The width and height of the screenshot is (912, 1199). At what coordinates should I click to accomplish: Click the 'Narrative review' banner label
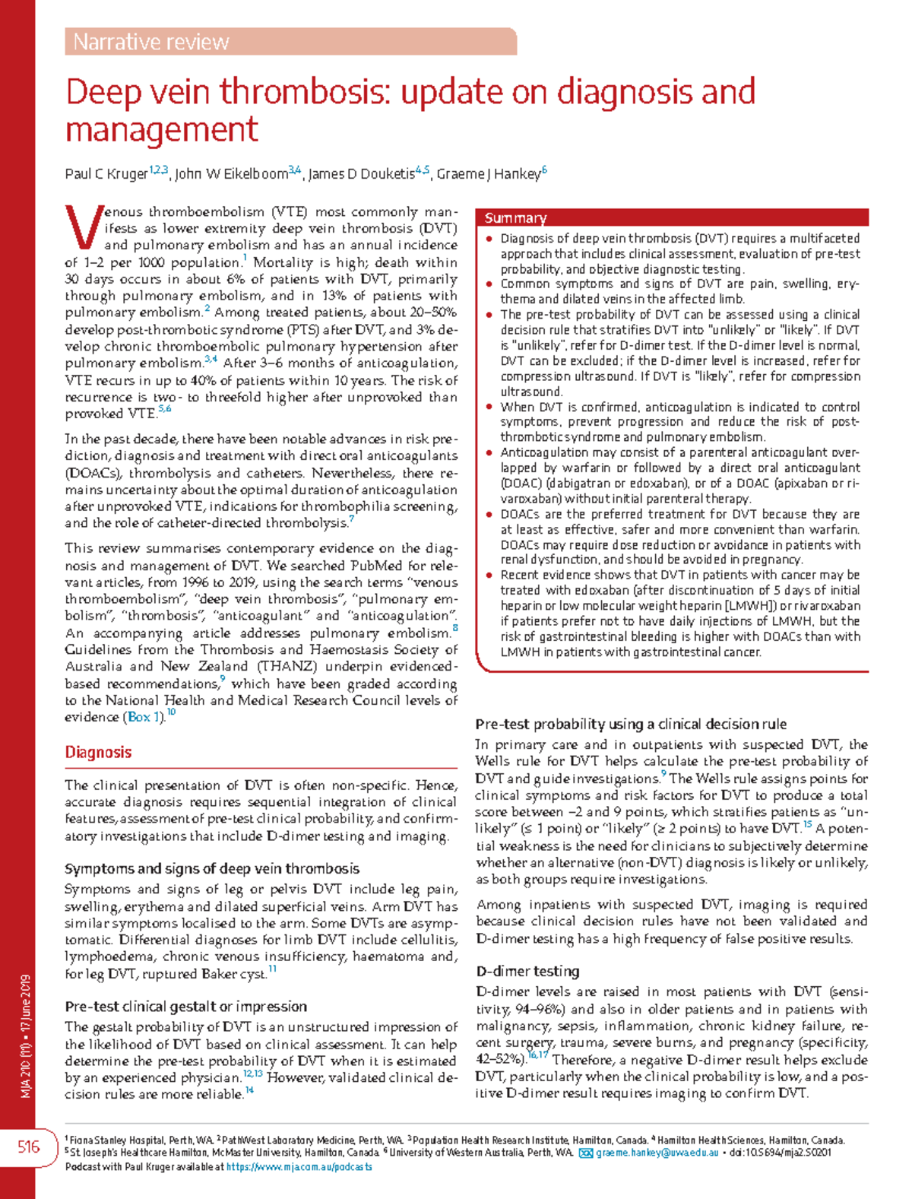click(x=151, y=42)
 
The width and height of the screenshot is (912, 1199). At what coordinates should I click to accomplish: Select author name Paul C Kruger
click(x=106, y=174)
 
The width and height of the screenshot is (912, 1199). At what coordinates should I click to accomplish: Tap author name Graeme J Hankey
click(x=488, y=174)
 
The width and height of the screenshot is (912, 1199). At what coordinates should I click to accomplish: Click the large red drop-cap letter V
click(x=82, y=227)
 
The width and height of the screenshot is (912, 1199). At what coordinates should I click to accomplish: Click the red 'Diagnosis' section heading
click(x=98, y=752)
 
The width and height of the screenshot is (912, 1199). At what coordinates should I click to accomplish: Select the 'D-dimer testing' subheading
click(x=527, y=971)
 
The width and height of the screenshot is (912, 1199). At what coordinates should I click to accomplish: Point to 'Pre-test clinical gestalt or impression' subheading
click(x=185, y=1006)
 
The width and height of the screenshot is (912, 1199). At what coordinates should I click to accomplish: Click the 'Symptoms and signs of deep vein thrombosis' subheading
click(x=212, y=868)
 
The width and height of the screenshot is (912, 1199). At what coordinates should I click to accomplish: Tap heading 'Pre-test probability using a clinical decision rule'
click(x=630, y=724)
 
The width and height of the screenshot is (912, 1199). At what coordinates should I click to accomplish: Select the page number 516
click(x=29, y=1147)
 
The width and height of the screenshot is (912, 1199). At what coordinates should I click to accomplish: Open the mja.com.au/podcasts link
click(x=299, y=1166)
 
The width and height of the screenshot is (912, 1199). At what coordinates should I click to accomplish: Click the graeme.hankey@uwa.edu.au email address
click(x=657, y=1153)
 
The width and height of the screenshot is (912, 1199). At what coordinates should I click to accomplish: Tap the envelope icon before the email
click(x=585, y=1153)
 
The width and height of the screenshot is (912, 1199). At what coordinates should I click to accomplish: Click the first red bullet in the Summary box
click(x=489, y=239)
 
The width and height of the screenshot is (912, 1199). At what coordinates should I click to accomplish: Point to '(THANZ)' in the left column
click(x=283, y=667)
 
